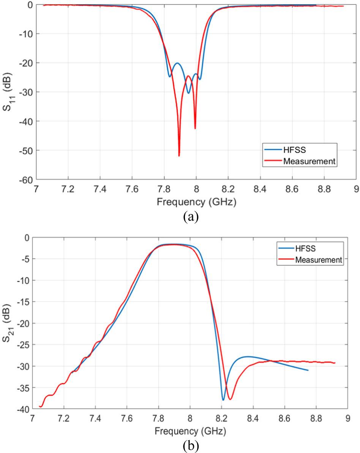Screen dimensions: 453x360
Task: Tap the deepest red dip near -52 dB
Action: point(179,155)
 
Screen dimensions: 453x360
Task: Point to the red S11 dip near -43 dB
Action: point(195,128)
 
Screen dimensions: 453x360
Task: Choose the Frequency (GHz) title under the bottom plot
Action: point(190,431)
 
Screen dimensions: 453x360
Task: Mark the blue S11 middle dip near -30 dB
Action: point(188,93)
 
